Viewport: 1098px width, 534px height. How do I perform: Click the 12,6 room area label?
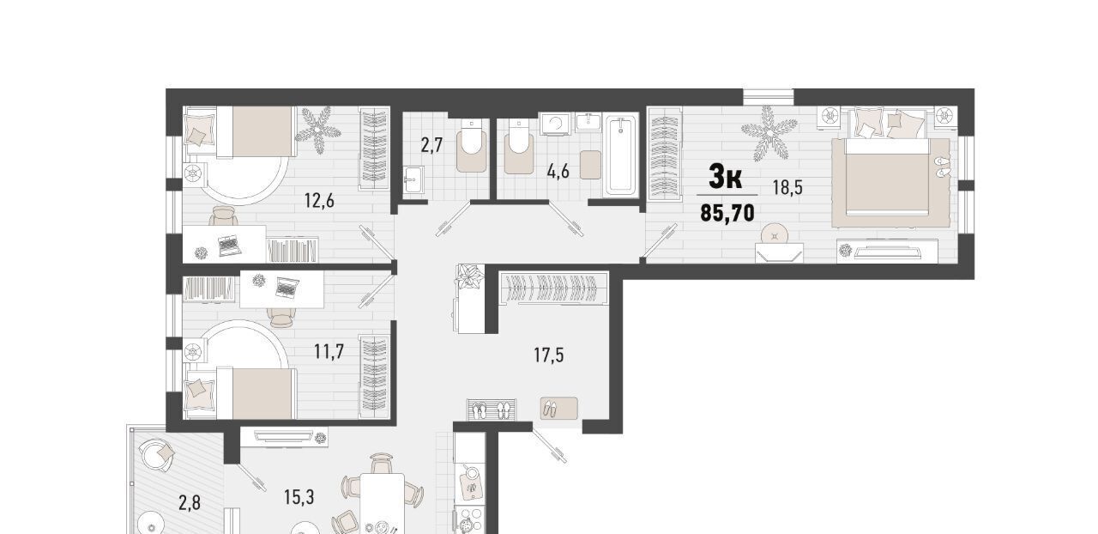[x=319, y=201]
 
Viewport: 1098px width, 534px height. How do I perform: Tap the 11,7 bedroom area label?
[x=329, y=352]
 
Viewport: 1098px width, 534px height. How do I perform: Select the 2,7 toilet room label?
[x=431, y=145]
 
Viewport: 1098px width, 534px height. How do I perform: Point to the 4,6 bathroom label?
[x=558, y=172]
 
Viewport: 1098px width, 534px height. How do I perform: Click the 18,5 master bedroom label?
[x=787, y=187]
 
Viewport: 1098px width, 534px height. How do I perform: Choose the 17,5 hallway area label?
[x=548, y=355]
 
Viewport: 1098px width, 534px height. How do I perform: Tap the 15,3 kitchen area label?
[x=299, y=497]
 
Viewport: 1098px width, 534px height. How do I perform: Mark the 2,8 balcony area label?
[x=190, y=503]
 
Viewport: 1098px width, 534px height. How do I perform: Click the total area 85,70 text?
[x=727, y=213]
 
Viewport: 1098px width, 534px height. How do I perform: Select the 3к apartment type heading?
[x=726, y=177]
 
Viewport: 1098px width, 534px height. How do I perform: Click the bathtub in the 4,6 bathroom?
[x=622, y=155]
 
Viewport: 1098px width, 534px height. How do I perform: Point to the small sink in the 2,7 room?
[x=414, y=179]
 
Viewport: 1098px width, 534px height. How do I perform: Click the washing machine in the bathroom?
[x=555, y=124]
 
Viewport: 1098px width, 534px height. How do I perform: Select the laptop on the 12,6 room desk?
[x=229, y=245]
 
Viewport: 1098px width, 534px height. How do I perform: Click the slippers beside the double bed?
[x=942, y=167]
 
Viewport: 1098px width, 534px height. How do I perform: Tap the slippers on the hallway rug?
[x=551, y=409]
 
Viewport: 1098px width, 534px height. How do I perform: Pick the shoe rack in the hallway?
[x=492, y=410]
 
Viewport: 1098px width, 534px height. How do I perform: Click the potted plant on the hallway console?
[x=470, y=278]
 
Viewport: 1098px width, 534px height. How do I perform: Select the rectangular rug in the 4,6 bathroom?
[x=591, y=165]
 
